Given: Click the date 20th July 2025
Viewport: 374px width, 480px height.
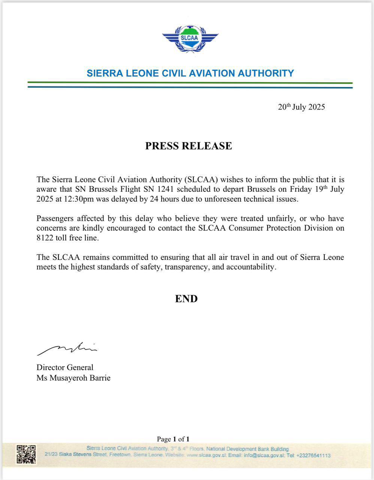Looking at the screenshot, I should (x=301, y=107).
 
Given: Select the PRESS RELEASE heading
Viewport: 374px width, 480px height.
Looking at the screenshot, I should (x=188, y=146).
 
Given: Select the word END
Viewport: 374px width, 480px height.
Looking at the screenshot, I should (x=186, y=299).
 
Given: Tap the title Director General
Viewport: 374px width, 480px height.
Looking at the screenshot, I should (x=65, y=367).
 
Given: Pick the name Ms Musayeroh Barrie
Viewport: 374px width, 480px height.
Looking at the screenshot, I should (x=73, y=378).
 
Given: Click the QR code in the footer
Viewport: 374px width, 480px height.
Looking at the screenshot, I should (x=26, y=454).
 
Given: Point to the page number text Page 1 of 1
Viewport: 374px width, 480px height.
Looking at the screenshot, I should (x=173, y=439).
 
